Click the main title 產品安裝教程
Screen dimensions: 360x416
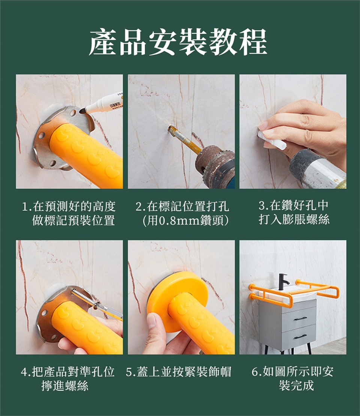click(178, 42)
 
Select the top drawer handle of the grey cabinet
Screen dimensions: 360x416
click(300, 318)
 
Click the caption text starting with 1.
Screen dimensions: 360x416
click(69, 213)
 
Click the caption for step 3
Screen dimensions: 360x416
click(294, 213)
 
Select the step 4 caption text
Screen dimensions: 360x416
click(68, 378)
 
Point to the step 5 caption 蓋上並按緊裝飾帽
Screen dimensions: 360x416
click(178, 372)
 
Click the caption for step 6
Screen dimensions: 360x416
click(293, 378)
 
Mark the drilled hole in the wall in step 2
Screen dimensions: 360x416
click(170, 129)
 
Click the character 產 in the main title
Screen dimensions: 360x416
click(103, 42)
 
